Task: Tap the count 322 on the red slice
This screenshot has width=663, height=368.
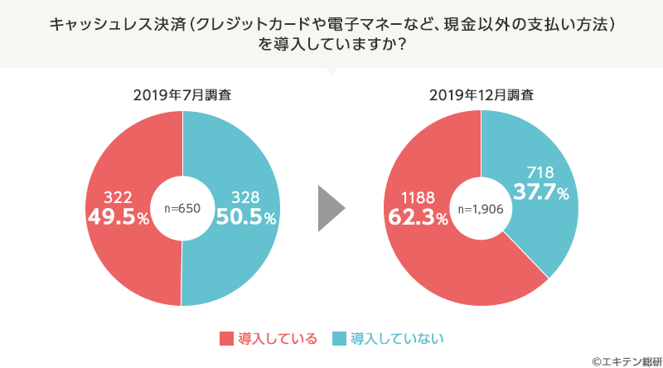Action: point(119,197)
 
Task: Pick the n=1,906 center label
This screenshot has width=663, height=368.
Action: point(481,208)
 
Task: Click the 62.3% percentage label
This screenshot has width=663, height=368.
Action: point(417,218)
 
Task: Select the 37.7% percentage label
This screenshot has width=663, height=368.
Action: point(539,192)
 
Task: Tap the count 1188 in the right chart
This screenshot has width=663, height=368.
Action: point(418,199)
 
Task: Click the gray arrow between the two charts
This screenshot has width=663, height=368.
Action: point(331,208)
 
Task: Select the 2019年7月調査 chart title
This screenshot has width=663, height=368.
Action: point(181,94)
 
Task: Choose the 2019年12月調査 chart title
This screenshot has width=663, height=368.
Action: point(481,94)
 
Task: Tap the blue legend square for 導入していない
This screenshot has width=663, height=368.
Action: point(339,338)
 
